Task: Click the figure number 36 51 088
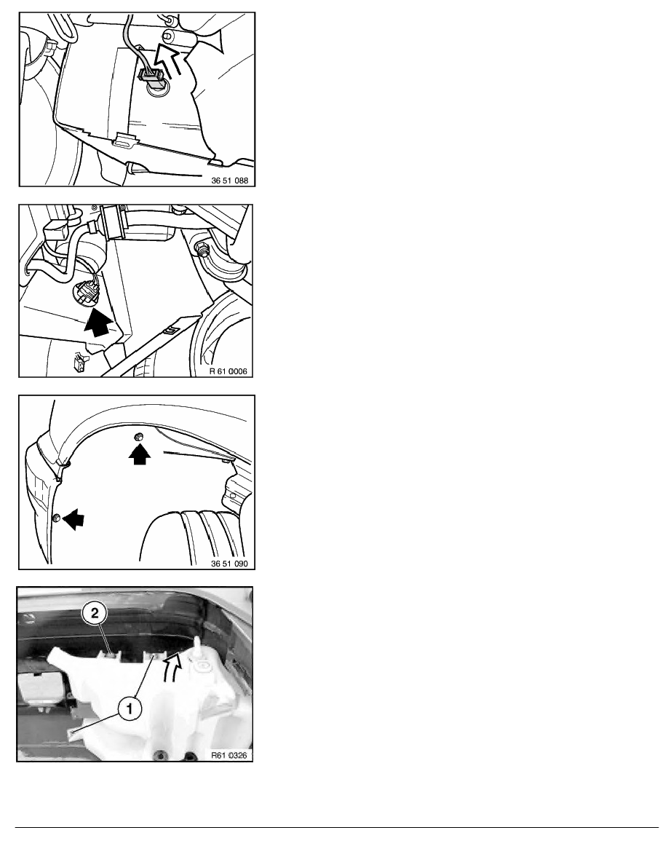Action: tap(230, 181)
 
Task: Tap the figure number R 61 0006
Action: tap(228, 371)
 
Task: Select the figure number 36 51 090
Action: tap(230, 564)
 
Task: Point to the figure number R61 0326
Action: tap(229, 755)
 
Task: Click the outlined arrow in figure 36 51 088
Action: tap(172, 60)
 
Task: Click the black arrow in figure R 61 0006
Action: tap(98, 323)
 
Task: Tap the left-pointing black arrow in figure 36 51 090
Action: tap(73, 519)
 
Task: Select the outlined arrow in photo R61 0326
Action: tap(172, 667)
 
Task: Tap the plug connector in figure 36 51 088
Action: tap(149, 77)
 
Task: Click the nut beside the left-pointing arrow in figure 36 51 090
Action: tap(56, 518)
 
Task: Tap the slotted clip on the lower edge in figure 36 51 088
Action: tap(126, 141)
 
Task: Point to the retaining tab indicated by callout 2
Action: tap(113, 655)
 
